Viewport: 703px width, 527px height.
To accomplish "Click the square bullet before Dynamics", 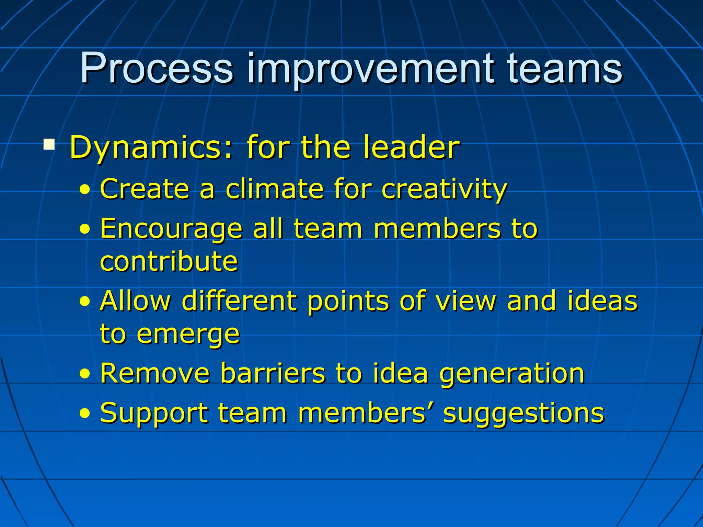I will (49, 144).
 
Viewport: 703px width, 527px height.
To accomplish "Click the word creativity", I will (444, 189).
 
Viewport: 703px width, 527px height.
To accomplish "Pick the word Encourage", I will (171, 229).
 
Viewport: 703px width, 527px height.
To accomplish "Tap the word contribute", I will (169, 261).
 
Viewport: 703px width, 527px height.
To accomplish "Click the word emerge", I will (188, 335).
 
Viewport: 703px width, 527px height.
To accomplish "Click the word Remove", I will (155, 373).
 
